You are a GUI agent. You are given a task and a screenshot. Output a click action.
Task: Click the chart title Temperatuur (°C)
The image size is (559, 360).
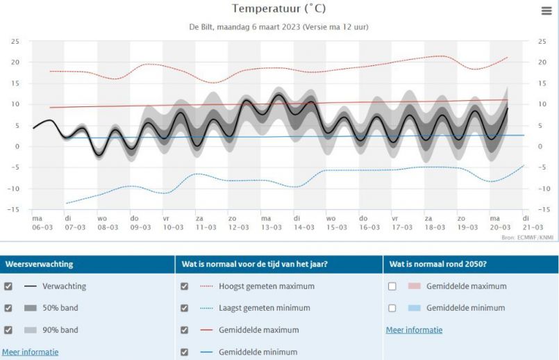point(278,9)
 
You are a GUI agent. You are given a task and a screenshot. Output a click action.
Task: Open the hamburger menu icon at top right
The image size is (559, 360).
point(547,10)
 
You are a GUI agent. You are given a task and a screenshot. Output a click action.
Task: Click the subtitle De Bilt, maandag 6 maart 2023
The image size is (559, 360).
point(278,28)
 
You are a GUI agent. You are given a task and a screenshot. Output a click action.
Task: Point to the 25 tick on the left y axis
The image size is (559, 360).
point(15,42)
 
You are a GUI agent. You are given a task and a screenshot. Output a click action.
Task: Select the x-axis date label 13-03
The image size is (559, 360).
point(271,227)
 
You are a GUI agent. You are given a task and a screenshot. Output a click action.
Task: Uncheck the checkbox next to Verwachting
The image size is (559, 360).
point(8,286)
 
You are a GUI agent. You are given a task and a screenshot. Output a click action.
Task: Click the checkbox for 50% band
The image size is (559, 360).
point(8,308)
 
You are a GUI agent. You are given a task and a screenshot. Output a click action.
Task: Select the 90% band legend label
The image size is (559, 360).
point(60,330)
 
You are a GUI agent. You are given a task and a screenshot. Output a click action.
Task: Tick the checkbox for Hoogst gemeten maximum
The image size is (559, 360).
point(184,286)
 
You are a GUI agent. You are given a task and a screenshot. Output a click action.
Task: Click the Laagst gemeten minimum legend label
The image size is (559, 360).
point(265,308)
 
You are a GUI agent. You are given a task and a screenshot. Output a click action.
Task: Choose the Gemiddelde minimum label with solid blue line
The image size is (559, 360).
point(258,352)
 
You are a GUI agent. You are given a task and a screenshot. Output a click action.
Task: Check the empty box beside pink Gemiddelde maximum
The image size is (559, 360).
point(392,286)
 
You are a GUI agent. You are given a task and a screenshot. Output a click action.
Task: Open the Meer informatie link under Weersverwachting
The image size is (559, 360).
point(30,352)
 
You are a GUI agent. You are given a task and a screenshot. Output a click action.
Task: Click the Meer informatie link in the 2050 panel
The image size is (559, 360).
point(414,330)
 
